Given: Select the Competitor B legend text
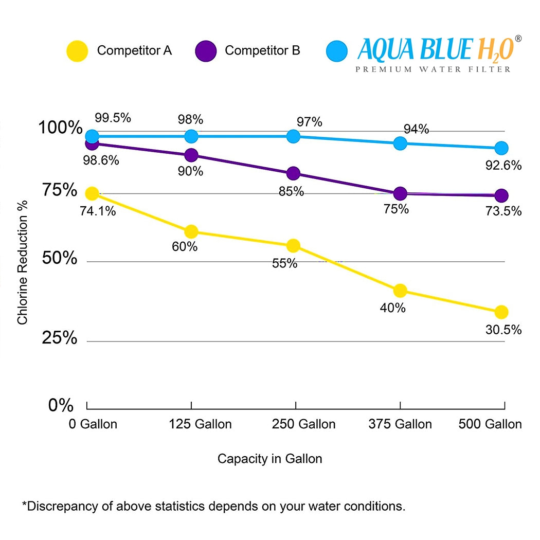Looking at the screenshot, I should point(262,51).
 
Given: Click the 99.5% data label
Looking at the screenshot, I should point(113,118).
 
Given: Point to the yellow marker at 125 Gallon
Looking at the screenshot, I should point(191,231).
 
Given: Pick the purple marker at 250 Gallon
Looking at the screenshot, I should point(294,173).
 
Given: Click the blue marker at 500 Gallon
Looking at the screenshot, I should point(501,148).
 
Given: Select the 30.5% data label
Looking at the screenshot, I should point(503,330).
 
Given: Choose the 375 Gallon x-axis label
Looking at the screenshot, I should point(400,424).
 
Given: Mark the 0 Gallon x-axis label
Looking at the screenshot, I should point(93,424).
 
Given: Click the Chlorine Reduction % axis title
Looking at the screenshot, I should point(23,262).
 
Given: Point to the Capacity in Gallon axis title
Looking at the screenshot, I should point(269,458).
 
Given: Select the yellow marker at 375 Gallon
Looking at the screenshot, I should point(400,291).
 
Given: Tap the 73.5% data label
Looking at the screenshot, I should point(503,211).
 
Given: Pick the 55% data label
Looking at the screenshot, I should point(285,263).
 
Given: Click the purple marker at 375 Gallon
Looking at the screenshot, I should point(400,193).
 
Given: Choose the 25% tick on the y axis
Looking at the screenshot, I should point(60,338).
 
